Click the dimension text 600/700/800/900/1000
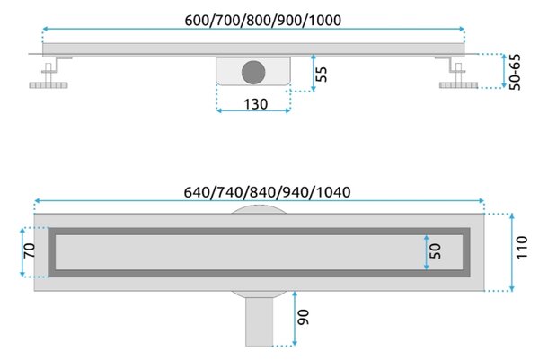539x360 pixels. tap(263, 21)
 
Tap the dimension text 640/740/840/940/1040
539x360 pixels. tap(267, 192)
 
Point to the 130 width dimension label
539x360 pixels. tap(255, 104)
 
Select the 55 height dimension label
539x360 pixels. tap(322, 74)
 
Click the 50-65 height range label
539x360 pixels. tap(515, 72)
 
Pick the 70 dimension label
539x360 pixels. tap(30, 250)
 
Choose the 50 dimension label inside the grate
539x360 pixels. tap(435, 251)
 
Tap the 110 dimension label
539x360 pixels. tap(521, 247)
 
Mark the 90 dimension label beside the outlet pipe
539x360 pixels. tap(304, 317)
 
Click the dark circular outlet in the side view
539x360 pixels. tap(253, 73)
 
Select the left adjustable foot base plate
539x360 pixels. tap(49, 85)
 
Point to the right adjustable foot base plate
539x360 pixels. tap(458, 85)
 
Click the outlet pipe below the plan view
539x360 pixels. tap(260, 321)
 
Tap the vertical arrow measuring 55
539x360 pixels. tap(314, 73)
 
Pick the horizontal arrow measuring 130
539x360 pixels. tap(253, 110)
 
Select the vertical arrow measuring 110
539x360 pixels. tap(512, 252)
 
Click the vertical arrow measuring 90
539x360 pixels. tap(295, 319)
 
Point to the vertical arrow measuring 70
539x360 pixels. tap(22, 252)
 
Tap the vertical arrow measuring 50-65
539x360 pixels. tap(504, 71)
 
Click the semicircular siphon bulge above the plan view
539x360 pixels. tap(259, 210)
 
